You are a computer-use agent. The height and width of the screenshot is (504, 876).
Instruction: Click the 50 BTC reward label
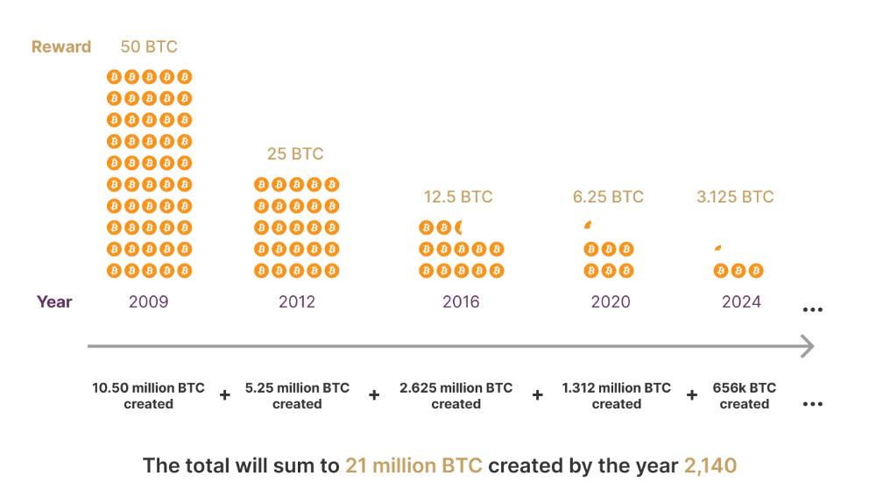pyautogui.click(x=149, y=46)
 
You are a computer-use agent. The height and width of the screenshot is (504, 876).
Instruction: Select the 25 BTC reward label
pyautogui.click(x=295, y=154)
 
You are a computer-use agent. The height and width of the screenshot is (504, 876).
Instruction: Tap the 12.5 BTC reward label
pyautogui.click(x=458, y=197)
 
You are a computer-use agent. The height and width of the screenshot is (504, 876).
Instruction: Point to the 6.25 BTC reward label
pyautogui.click(x=608, y=197)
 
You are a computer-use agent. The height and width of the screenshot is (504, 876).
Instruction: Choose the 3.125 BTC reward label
pyautogui.click(x=735, y=197)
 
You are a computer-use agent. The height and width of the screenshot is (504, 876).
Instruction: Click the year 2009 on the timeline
pyautogui.click(x=148, y=302)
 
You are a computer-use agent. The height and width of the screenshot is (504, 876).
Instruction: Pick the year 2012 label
pyautogui.click(x=296, y=302)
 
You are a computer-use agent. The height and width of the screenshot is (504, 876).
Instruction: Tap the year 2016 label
pyautogui.click(x=461, y=302)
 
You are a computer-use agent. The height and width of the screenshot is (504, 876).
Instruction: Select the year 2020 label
pyautogui.click(x=611, y=302)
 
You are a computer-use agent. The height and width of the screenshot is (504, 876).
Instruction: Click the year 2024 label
pyautogui.click(x=741, y=302)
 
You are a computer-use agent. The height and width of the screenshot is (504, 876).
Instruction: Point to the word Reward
pyautogui.click(x=61, y=47)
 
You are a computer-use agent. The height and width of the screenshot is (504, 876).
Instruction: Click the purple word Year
pyautogui.click(x=54, y=302)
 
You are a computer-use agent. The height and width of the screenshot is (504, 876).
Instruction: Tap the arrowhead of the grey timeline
pyautogui.click(x=808, y=346)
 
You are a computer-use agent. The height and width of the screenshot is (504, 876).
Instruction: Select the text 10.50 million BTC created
pyautogui.click(x=149, y=396)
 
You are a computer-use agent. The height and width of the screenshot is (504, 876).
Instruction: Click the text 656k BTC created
pyautogui.click(x=744, y=396)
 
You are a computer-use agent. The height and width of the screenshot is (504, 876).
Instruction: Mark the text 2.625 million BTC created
pyautogui.click(x=456, y=396)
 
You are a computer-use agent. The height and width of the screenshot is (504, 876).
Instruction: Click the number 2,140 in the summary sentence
pyautogui.click(x=710, y=465)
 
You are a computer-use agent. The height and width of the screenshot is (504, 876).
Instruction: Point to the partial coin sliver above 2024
pyautogui.click(x=718, y=248)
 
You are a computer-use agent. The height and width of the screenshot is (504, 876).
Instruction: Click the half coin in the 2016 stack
pyautogui.click(x=459, y=228)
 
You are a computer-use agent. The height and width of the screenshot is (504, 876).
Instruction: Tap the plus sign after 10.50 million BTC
pyautogui.click(x=224, y=396)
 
